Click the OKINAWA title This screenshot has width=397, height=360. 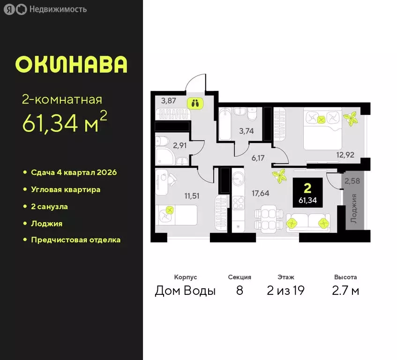[71, 65]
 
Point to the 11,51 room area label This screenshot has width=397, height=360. [191, 195]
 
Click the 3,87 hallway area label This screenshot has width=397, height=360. [168, 100]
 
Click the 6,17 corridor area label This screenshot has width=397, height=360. [258, 158]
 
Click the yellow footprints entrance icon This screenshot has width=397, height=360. [194, 103]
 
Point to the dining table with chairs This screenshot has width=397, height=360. [269, 219]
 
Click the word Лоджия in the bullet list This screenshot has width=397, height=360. [46, 224]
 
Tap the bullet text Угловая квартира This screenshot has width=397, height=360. [66, 189]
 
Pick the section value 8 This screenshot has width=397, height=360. [240, 291]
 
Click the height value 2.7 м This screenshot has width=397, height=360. [346, 291]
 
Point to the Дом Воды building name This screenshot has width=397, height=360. [185, 291]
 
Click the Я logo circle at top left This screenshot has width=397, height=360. [9, 9]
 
